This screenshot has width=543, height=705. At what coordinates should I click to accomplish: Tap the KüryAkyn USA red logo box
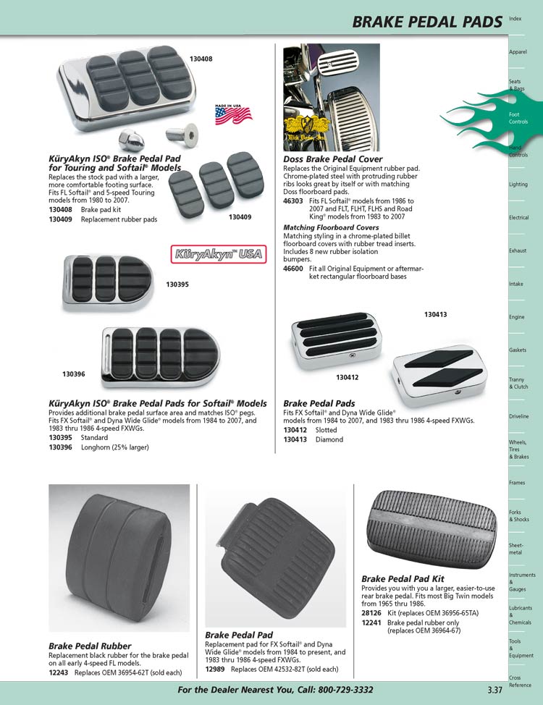(208, 254)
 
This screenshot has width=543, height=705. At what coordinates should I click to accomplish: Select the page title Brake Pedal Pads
(426, 22)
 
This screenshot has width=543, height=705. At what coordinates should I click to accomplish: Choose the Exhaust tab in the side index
(517, 250)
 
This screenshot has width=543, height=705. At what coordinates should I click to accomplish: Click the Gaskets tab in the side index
(518, 350)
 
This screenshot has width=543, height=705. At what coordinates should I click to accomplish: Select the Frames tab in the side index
(517, 482)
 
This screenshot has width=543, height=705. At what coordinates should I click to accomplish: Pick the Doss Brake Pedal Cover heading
(332, 159)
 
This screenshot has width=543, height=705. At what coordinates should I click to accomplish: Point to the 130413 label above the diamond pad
(435, 314)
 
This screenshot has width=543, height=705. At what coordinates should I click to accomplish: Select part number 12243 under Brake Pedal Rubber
(59, 672)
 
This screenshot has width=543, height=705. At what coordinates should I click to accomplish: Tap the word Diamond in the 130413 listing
(329, 439)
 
